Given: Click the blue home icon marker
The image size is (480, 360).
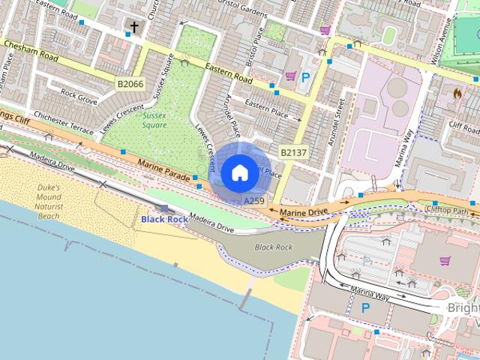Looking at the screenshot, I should coord(238,172).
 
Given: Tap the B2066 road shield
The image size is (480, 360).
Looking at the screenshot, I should coord(130,84).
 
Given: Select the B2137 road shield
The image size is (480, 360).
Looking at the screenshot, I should coord(293,152).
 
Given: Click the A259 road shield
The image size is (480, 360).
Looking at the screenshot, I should coord(254,202).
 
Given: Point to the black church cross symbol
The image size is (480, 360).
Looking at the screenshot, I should coord(134,28).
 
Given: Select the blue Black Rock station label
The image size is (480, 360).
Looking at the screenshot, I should coord(164,219).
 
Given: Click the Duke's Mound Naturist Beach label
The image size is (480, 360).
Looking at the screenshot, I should coord(49,202).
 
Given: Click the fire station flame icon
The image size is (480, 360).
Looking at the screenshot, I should coord(457,94).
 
